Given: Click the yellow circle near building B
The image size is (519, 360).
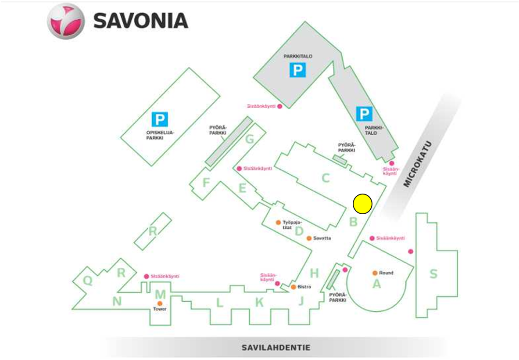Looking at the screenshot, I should point(363,204).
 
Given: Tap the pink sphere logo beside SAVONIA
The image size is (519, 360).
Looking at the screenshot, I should point(66,22).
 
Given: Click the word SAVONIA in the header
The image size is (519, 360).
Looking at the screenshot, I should point(141,21).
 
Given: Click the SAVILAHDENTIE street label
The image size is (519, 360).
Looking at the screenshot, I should point(276,348).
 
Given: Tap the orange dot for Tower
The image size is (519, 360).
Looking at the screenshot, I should point(160,303).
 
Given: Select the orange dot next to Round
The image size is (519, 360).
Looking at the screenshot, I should point(375,273).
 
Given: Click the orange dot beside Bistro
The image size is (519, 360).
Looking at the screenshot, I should point(294,287).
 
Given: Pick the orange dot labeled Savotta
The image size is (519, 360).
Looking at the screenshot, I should point(309,238).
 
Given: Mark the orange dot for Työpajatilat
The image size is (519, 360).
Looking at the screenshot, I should point(278,223).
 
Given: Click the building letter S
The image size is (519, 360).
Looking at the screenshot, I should point(433,274).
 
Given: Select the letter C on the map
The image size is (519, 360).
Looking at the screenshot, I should point(326,178).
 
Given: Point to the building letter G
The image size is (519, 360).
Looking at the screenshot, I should point(250,139).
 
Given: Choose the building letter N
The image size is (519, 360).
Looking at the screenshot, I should point(117,301).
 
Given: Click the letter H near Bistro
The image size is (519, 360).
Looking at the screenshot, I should point(314,273).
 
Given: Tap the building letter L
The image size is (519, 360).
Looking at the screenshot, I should point(220,302).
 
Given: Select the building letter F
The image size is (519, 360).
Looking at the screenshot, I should point(206,183).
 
